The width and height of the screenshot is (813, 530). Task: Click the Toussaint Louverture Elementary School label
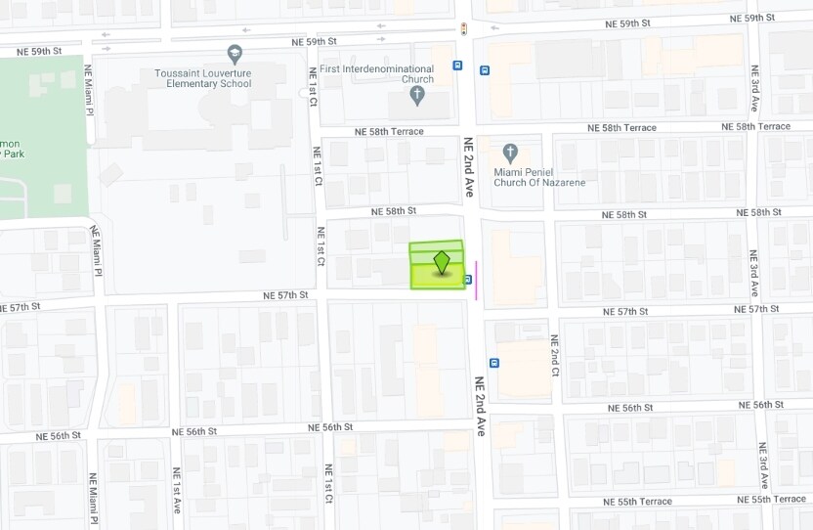(x=202, y=78)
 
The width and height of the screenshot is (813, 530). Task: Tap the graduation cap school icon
(x=234, y=54)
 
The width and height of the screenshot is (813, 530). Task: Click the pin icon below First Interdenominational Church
(x=417, y=96)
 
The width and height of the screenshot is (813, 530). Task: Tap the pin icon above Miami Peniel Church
(x=509, y=153)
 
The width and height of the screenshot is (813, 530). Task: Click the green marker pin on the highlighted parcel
(x=442, y=262)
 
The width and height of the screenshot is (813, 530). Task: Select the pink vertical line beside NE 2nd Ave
(x=476, y=279)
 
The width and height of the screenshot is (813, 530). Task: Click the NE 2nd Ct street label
(x=553, y=357)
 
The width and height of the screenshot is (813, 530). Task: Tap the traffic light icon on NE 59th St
(x=463, y=30)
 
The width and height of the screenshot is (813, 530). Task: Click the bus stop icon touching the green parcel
(x=468, y=280)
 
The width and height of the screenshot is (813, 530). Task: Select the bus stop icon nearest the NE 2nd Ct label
(x=494, y=362)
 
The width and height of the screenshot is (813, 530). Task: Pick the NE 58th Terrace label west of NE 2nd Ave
(x=389, y=131)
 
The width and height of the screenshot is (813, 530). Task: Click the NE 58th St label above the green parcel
(x=394, y=210)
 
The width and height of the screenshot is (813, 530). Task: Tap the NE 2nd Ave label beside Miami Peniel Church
(x=469, y=169)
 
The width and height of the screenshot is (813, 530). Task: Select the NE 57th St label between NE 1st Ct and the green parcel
(x=285, y=294)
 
